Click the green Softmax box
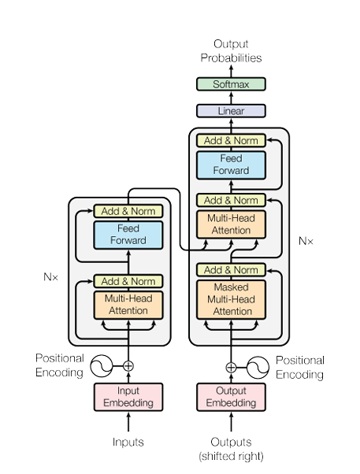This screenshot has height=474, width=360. [x=231, y=84]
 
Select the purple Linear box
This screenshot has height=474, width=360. [x=231, y=111]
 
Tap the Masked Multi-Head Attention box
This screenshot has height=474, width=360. [x=231, y=299]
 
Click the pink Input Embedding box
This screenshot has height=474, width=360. [x=128, y=397]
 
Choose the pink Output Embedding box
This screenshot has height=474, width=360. [x=231, y=397]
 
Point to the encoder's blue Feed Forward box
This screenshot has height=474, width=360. [x=128, y=235]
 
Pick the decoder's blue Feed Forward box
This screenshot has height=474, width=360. [x=231, y=165]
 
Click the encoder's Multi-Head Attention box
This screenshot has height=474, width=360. [x=128, y=305]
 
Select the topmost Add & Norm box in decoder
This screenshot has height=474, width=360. [x=231, y=141]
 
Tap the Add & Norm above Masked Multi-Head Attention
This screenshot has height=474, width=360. [x=231, y=270]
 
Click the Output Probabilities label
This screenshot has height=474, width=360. [x=231, y=50]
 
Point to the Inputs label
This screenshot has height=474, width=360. [x=128, y=442]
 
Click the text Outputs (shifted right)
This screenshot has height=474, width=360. [x=231, y=449]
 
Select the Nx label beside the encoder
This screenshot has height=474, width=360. [x=51, y=277]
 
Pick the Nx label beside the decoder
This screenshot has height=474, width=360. [x=306, y=241]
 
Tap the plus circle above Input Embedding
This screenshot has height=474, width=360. [x=128, y=366]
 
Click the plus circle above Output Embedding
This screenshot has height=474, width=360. [x=231, y=368]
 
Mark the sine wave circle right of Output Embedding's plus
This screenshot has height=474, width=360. [x=258, y=368]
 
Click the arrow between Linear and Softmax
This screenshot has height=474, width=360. [x=231, y=98]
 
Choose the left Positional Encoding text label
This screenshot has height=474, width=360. [x=60, y=365]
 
